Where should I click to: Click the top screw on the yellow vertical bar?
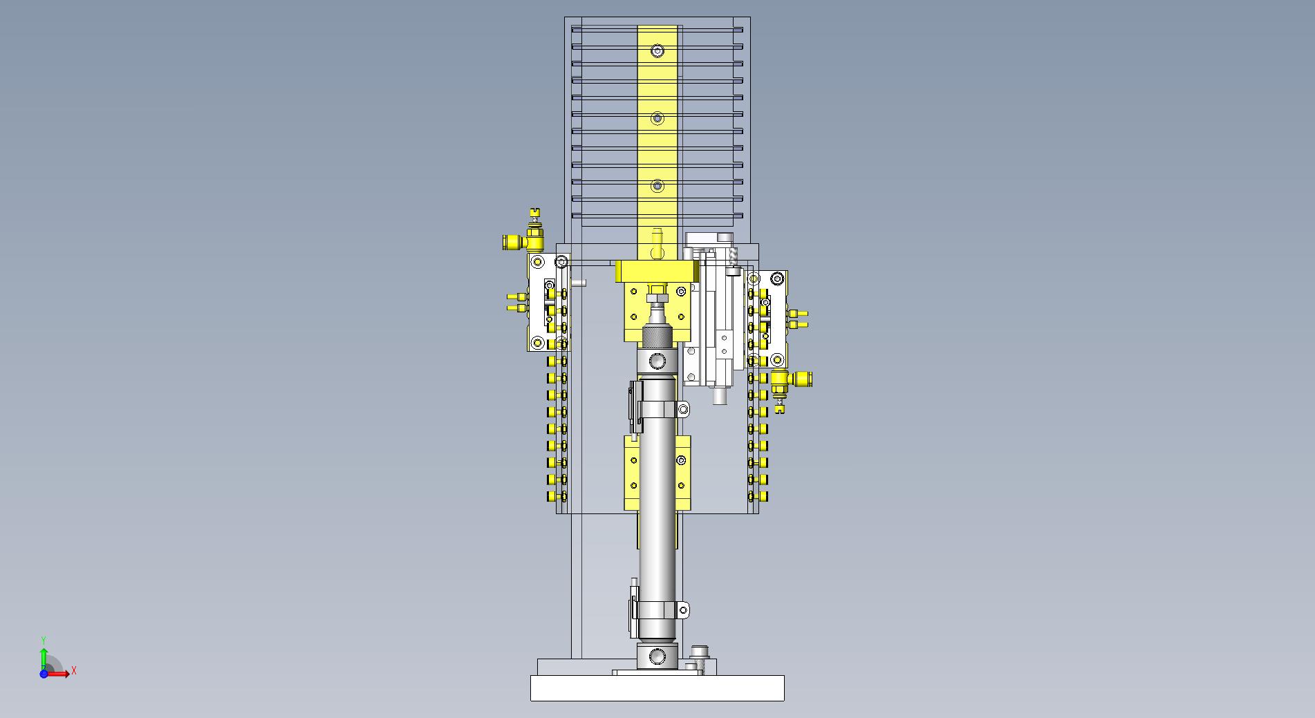point(657,51)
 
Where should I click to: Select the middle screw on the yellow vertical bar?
point(657,119)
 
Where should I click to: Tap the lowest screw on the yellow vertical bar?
point(657,186)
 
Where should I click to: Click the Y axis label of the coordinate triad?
point(44,641)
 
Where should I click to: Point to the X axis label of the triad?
point(74,670)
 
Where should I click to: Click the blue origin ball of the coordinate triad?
point(44,674)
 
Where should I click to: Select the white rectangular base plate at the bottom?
point(657,688)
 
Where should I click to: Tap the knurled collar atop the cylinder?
point(657,337)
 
